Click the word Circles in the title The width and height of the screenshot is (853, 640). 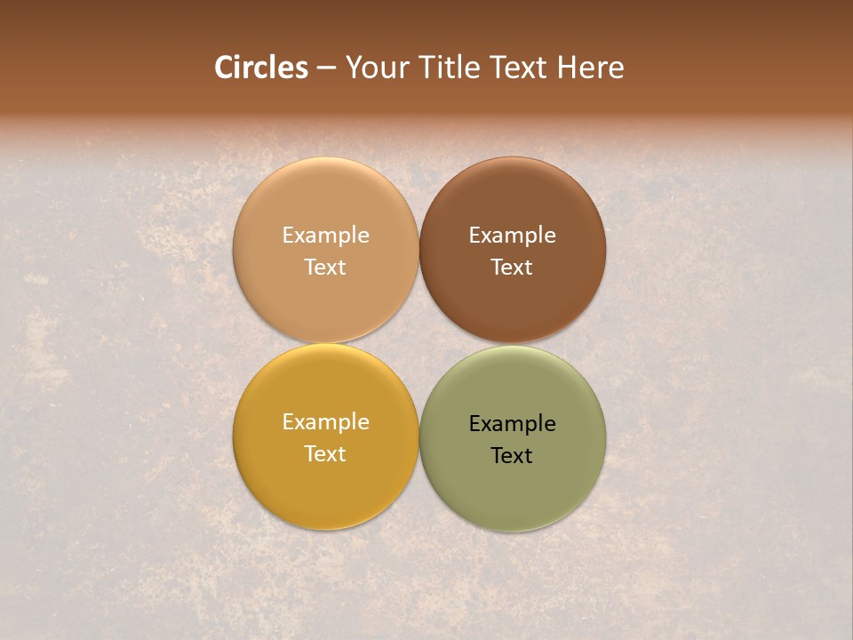pos(261,68)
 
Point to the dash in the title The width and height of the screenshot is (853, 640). pos(326,68)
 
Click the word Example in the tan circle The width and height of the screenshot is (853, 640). pos(325,236)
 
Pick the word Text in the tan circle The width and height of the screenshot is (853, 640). pos(325,267)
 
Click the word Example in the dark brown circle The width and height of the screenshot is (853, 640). pos(512,236)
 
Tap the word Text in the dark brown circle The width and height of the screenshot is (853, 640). pos(512,267)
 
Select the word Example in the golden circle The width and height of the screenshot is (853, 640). pos(325,422)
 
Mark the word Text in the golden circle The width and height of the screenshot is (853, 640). pos(325,453)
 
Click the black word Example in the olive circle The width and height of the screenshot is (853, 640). pos(512,424)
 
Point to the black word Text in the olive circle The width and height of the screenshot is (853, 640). pos(512,455)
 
